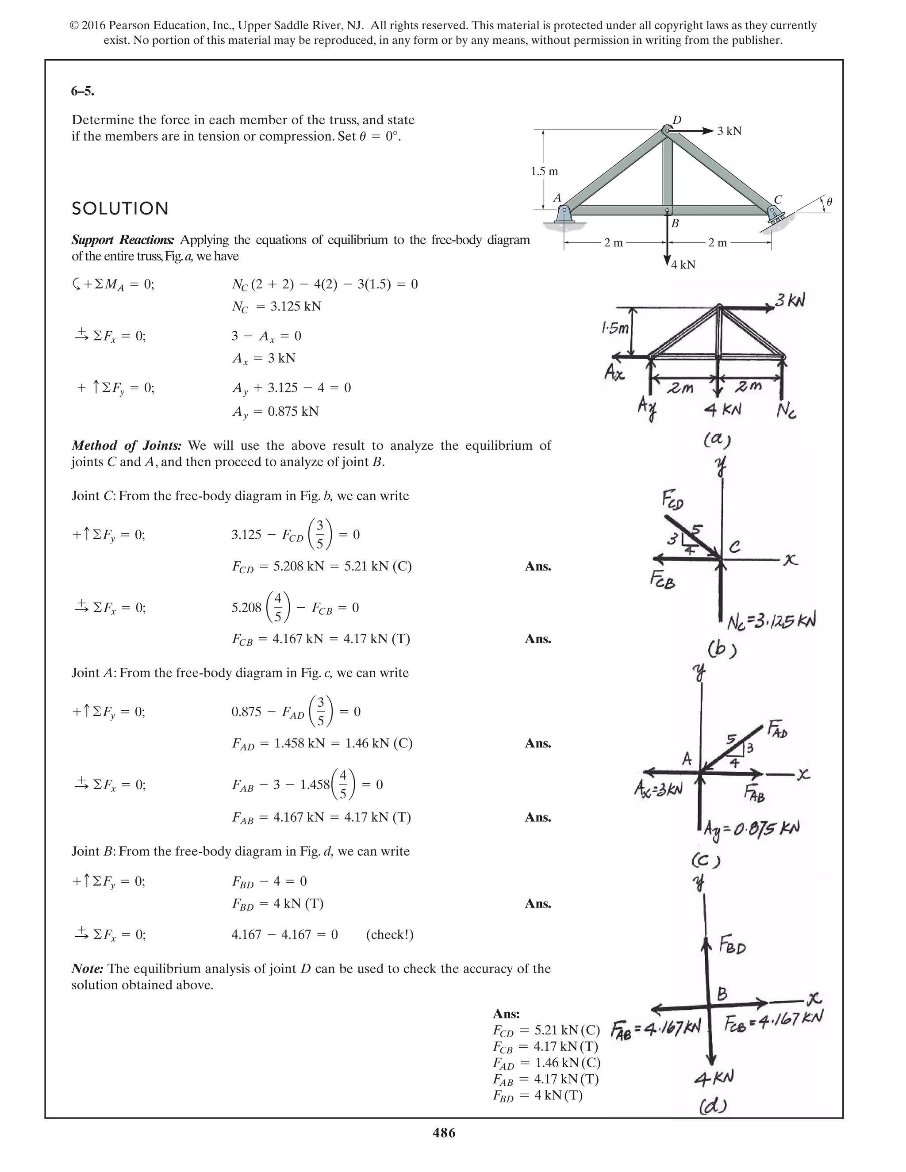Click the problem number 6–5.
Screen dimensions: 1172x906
pyautogui.click(x=82, y=91)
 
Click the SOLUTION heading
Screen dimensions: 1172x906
pyautogui.click(x=120, y=209)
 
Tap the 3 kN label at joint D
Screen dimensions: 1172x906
pyautogui.click(x=729, y=131)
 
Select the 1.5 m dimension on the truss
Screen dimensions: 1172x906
pyautogui.click(x=544, y=172)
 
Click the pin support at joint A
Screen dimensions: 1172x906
pyautogui.click(x=564, y=214)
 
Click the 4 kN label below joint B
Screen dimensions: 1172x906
pyautogui.click(x=683, y=264)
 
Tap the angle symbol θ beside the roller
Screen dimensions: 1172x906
pyautogui.click(x=829, y=202)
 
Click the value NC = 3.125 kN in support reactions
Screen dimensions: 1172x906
pyautogui.click(x=276, y=306)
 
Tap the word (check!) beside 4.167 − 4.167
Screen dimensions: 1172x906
pyautogui.click(x=390, y=935)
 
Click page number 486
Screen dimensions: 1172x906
pyautogui.click(x=443, y=1133)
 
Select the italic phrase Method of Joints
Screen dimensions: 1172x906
pyautogui.click(x=127, y=445)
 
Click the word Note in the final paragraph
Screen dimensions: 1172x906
pyautogui.click(x=87, y=969)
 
